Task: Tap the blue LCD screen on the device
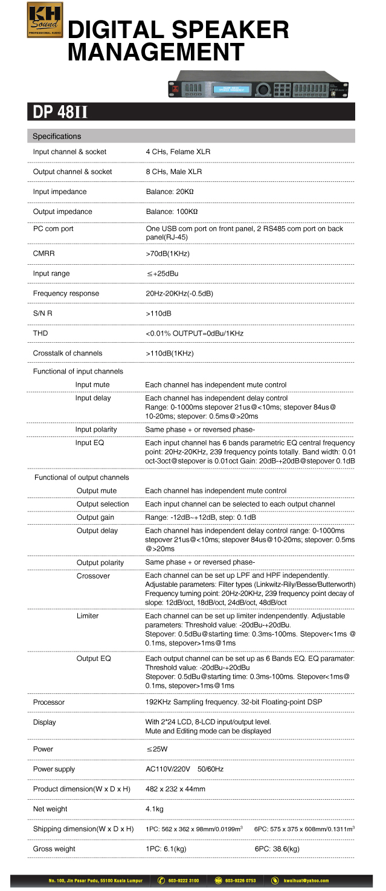click(228, 89)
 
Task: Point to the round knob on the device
click(262, 89)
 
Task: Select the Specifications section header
click(57, 137)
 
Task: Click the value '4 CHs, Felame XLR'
click(178, 152)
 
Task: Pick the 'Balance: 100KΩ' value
click(172, 212)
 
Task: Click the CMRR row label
click(43, 253)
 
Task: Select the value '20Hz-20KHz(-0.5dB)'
click(179, 293)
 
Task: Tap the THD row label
click(40, 333)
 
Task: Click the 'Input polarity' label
click(96, 429)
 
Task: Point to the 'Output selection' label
click(103, 504)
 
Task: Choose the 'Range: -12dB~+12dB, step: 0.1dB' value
click(201, 517)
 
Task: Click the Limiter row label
click(88, 615)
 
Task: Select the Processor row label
click(49, 702)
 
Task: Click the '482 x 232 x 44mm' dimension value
click(176, 789)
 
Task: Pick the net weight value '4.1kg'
click(155, 809)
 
